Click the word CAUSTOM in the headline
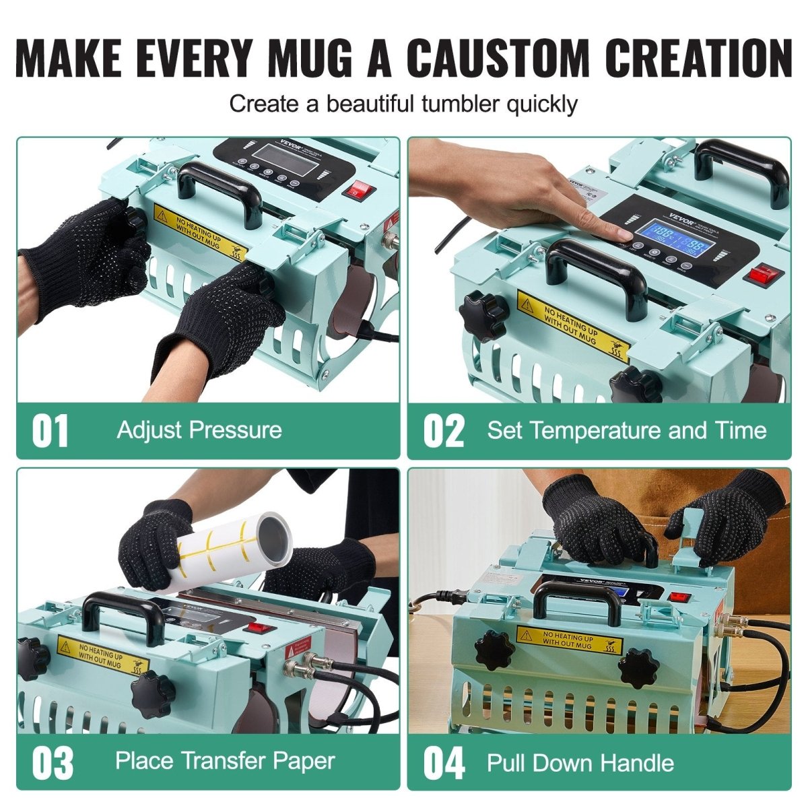tap(497, 59)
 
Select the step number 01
tap(50, 431)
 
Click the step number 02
tap(444, 431)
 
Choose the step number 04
tap(444, 763)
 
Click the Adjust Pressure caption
tap(199, 430)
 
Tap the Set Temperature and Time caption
tap(627, 430)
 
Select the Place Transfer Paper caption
tap(225, 761)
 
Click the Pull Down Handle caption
tap(580, 763)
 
